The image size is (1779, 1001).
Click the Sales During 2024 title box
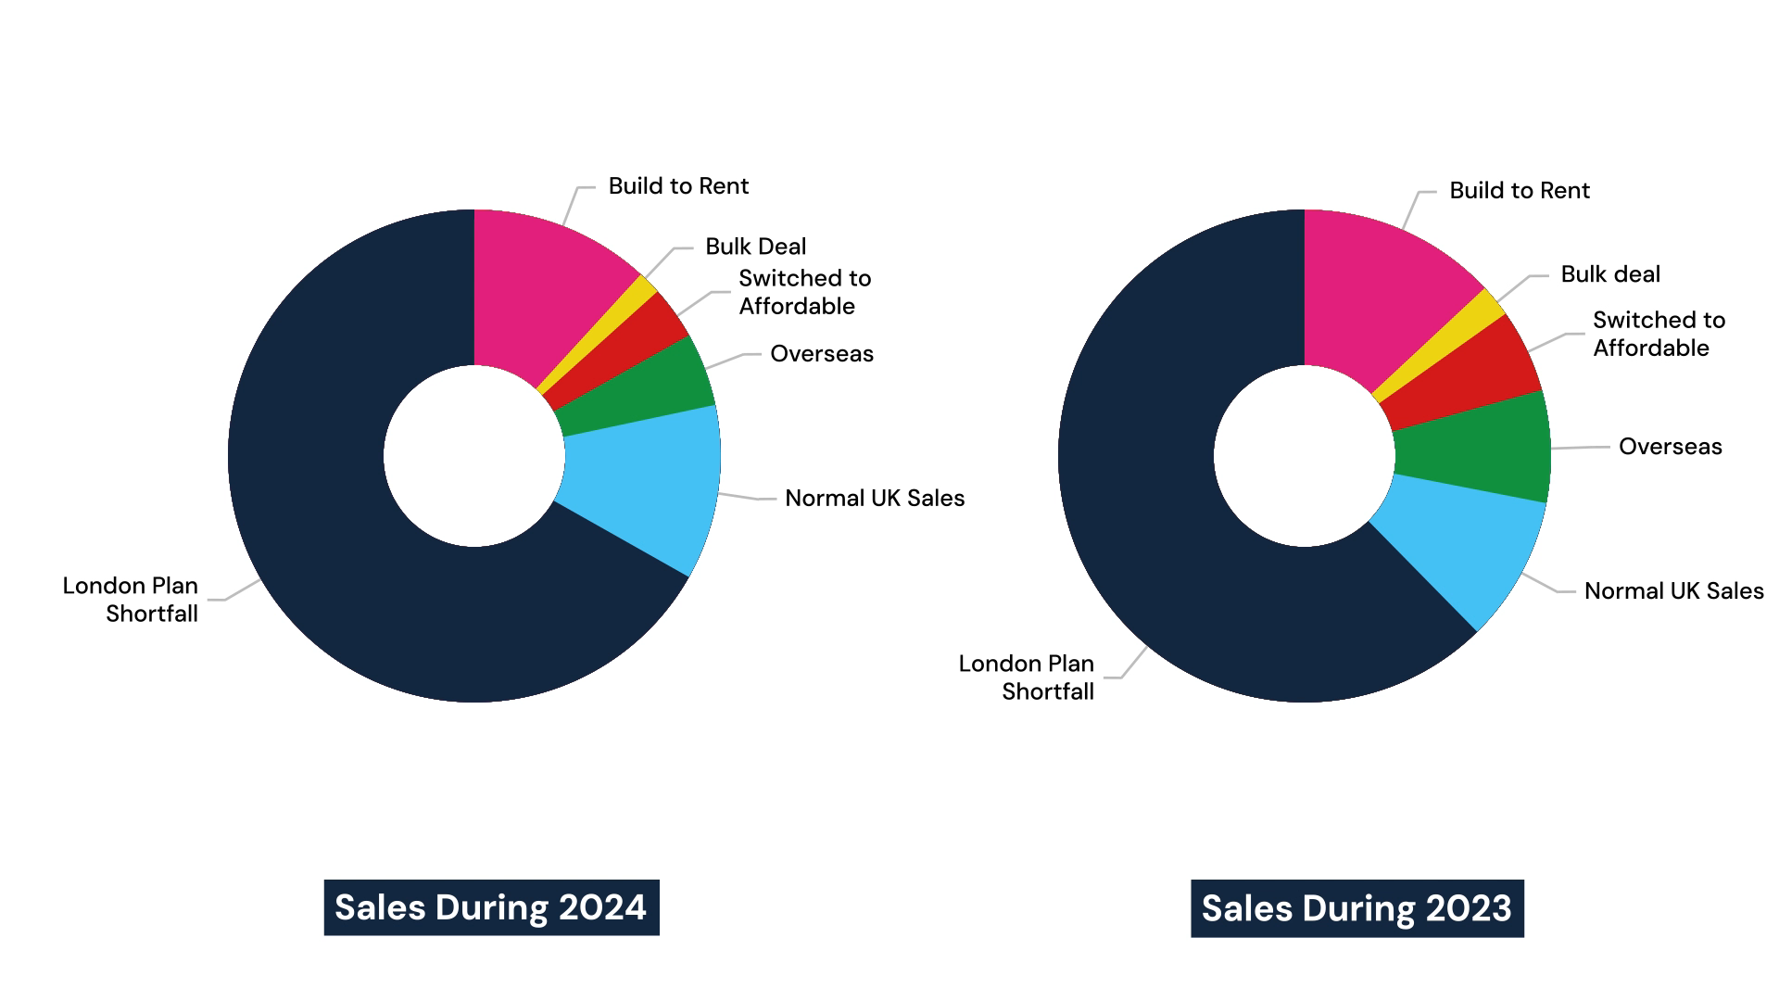491,907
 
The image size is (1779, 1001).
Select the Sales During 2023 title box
1356,908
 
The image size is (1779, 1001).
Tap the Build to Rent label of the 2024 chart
678,186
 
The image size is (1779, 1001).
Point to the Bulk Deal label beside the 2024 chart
755,247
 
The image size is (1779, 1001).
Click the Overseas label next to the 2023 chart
1670,447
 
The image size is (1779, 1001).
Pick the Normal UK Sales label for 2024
875,499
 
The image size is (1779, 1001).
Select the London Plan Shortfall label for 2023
1027,678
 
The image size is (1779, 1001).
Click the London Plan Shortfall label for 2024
131,600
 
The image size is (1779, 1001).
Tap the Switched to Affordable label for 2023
1659,334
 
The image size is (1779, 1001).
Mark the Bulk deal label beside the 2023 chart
1610,274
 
